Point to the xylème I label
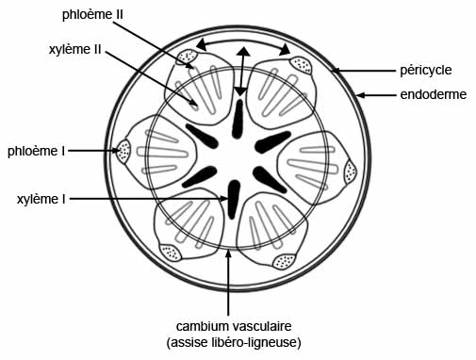pos(41,199)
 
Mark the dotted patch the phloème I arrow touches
pos(123,151)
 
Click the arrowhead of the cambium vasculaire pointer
pos(227,255)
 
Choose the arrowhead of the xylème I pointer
pos(224,199)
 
